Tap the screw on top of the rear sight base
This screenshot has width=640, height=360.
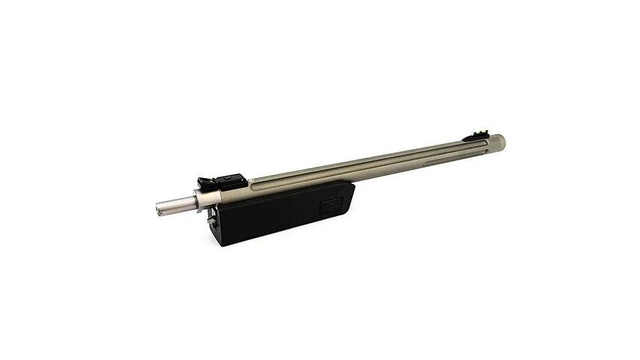click(229, 176)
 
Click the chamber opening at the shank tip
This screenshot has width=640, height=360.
click(159, 209)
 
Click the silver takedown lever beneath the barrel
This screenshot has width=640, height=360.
click(211, 223)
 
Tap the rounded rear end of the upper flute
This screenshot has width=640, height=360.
click(262, 189)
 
